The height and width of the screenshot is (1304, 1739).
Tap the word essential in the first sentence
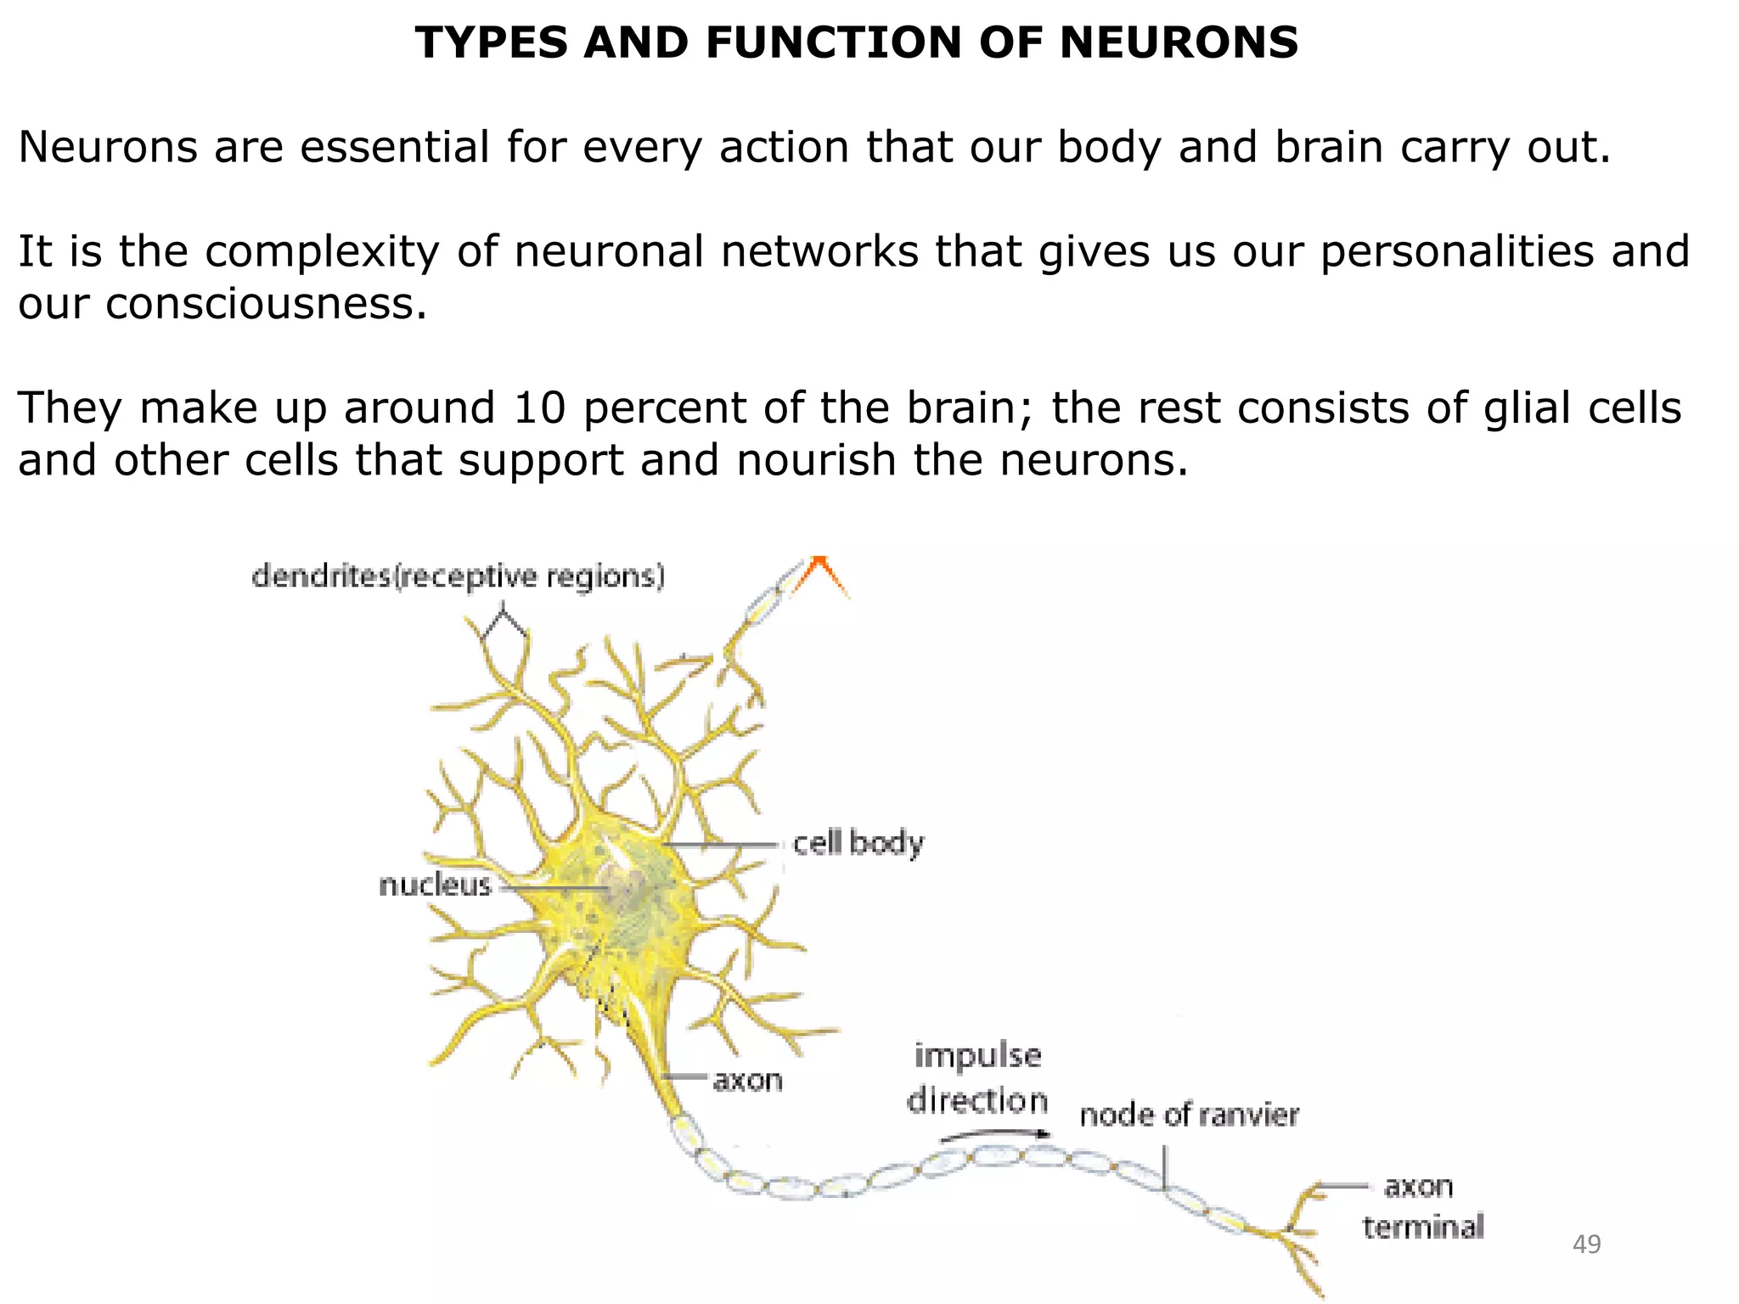pos(395,147)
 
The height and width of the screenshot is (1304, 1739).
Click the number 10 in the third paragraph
pos(539,407)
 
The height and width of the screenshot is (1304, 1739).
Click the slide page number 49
pos(1586,1245)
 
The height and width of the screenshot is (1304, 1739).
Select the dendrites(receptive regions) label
pos(459,577)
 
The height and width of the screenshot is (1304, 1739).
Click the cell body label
pos(858,844)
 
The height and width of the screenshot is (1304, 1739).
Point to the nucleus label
pos(435,885)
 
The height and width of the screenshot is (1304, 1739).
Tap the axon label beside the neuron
pos(747,1081)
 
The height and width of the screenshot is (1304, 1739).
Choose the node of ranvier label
pos(1189,1116)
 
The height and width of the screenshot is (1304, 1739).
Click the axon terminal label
pos(1422,1206)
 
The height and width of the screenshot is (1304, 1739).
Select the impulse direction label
pos(977,1078)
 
